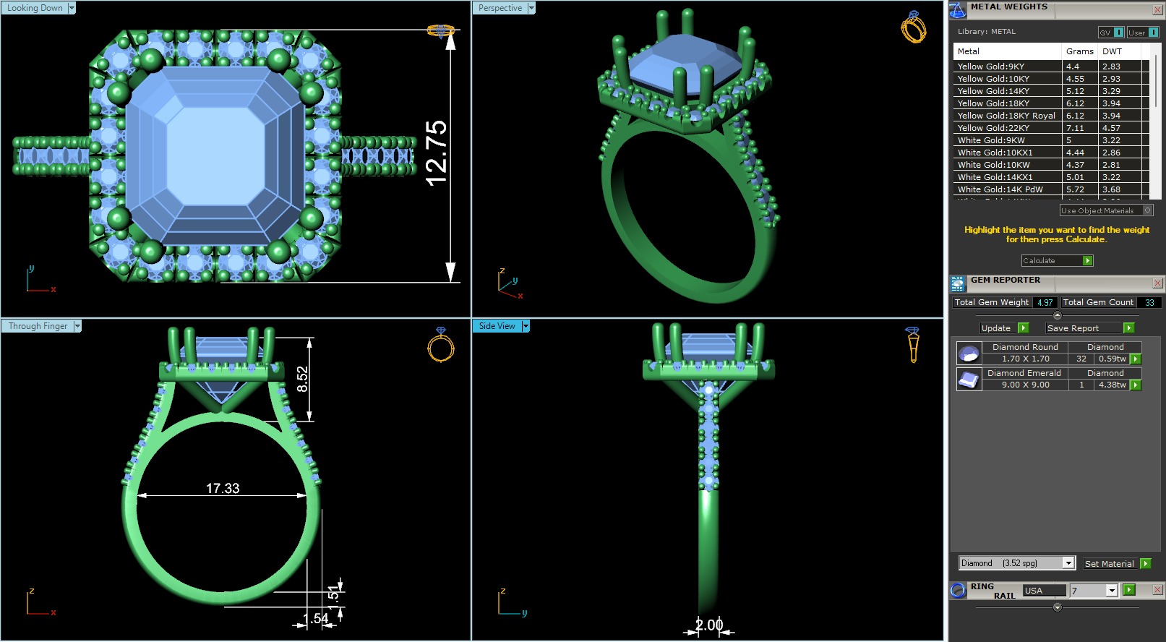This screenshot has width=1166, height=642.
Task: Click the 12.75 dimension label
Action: pyautogui.click(x=437, y=153)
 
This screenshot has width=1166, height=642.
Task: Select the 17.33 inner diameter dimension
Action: pyautogui.click(x=223, y=489)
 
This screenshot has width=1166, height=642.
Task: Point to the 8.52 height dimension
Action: pyautogui.click(x=302, y=379)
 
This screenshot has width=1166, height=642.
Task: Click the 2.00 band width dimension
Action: pyautogui.click(x=709, y=625)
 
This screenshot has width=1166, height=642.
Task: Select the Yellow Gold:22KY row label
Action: pyautogui.click(x=993, y=128)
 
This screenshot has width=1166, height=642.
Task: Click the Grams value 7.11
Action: pyautogui.click(x=1075, y=128)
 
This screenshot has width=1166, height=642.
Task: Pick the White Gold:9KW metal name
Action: pyautogui.click(x=991, y=140)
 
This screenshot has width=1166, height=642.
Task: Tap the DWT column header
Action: pyautogui.click(x=1112, y=51)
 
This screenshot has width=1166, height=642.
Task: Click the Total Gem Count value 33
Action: pyautogui.click(x=1149, y=303)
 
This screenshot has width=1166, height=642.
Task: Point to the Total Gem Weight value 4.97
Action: pyautogui.click(x=1045, y=303)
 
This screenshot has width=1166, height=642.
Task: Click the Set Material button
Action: pyautogui.click(x=1109, y=564)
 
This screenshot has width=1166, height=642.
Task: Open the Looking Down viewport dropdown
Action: pyautogui.click(x=72, y=8)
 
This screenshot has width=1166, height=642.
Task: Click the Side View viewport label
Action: pyautogui.click(x=497, y=326)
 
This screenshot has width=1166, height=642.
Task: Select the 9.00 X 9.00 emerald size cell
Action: pyautogui.click(x=1025, y=385)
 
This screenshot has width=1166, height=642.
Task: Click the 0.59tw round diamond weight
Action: pyautogui.click(x=1112, y=359)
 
